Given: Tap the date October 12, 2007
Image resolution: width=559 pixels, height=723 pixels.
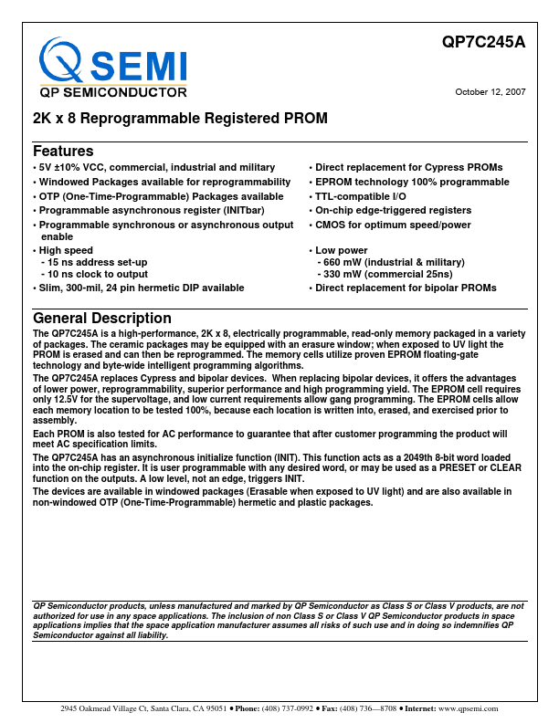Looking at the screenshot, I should tap(490, 91).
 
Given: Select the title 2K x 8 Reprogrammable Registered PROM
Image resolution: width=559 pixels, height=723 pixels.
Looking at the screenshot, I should tap(180, 119).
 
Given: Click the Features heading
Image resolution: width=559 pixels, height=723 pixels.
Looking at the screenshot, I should tap(63, 151).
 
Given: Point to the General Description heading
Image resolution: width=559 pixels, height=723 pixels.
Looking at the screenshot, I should tap(102, 318).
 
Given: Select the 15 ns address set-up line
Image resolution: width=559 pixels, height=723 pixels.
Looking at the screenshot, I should tap(94, 262).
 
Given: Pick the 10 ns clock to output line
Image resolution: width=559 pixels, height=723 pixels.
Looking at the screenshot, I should tap(94, 274).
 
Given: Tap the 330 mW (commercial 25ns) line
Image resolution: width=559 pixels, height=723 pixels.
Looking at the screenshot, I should tap(384, 274).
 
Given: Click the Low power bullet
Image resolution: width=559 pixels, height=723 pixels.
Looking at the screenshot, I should tap(342, 250).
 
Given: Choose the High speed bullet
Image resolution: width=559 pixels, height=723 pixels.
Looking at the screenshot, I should tap(66, 250).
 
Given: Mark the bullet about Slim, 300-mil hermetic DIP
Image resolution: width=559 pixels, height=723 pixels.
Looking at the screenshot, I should tap(142, 288).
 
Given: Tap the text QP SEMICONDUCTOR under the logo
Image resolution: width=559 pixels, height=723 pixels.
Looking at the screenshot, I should tap(113, 92).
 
